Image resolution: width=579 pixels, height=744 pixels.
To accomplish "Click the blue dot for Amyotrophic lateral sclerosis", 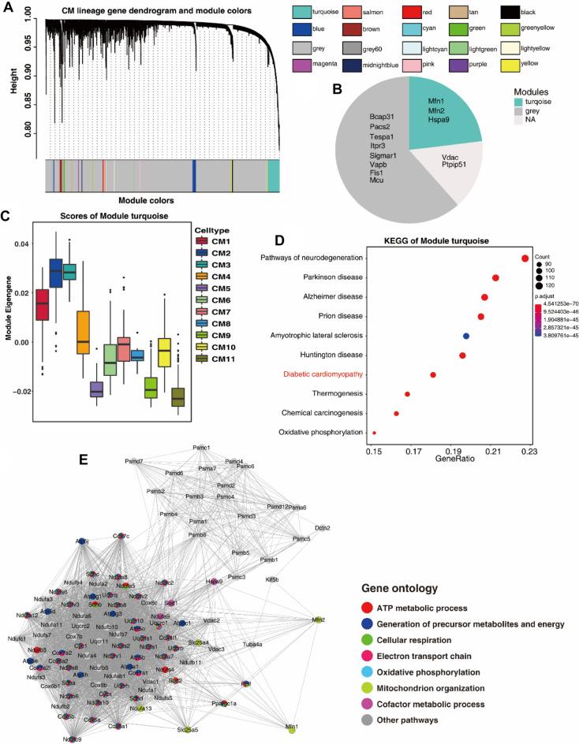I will click(x=466, y=337).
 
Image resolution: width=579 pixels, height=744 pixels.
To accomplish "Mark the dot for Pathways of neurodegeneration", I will click(x=525, y=259).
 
